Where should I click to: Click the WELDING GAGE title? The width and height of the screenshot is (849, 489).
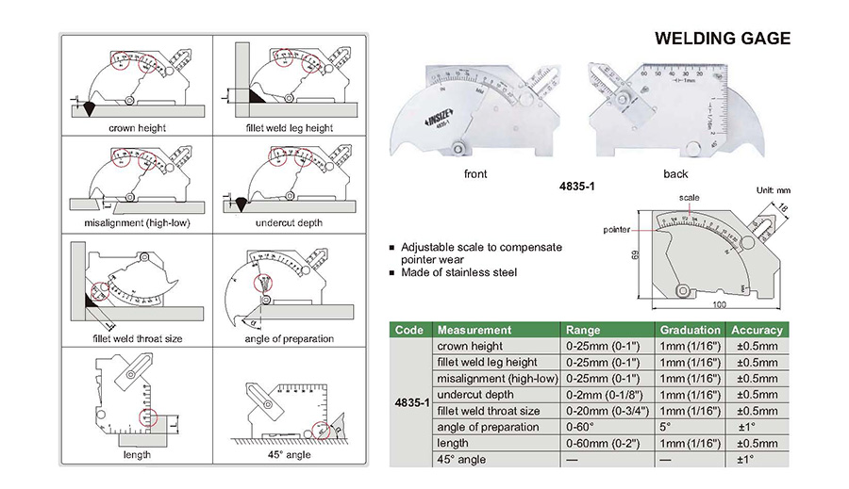[723, 39]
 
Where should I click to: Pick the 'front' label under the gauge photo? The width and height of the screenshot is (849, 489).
[475, 173]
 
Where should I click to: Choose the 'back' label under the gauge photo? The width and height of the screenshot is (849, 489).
[675, 173]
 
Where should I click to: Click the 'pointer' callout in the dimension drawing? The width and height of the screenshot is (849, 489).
[616, 229]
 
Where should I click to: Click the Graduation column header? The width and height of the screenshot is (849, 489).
[690, 330]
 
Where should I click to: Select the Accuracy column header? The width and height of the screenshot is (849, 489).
[757, 330]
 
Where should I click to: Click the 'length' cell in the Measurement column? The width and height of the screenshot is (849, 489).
[452, 443]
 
